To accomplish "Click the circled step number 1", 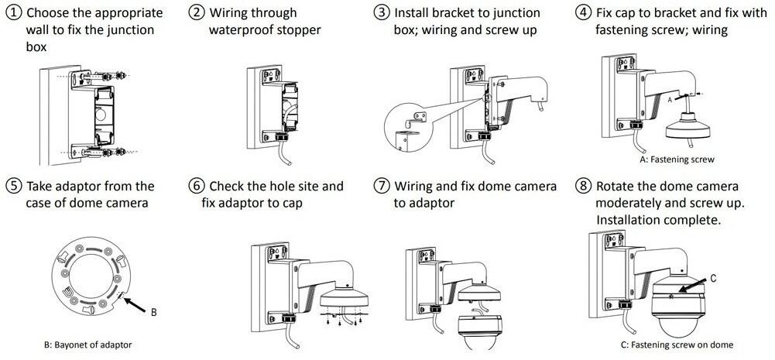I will coord(13,13).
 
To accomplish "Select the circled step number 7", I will coord(381,187).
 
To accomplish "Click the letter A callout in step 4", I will coord(670,101).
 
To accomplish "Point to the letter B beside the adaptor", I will coord(153,312).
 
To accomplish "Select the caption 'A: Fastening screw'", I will coord(677,159).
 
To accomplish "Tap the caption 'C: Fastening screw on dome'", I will coord(677,345).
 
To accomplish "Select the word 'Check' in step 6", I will coord(231,187).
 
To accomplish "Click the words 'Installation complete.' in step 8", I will coord(658,220).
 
